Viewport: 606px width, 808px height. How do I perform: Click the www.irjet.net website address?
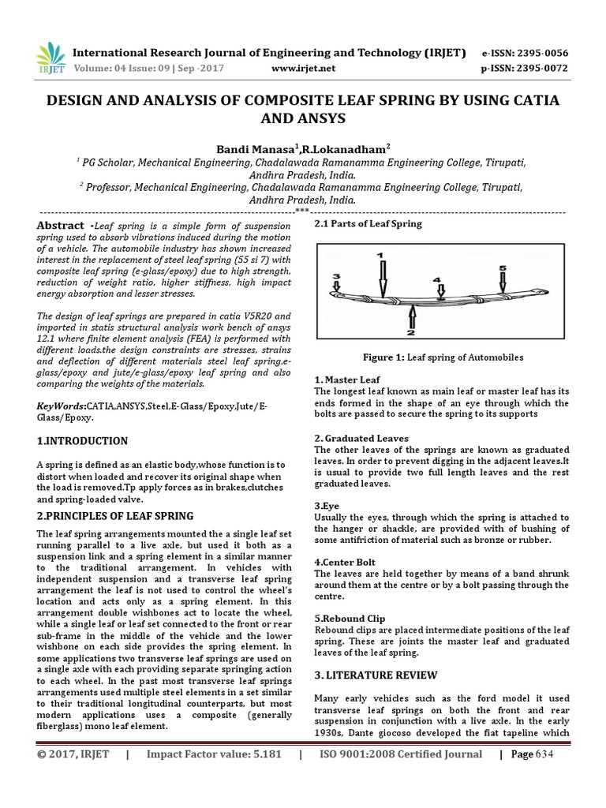304,69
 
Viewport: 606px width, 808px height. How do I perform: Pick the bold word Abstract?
60,226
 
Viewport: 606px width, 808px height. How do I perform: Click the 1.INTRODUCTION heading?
83,440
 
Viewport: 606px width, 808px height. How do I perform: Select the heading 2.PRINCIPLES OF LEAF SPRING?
115,516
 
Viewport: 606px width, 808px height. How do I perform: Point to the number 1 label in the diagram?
381,256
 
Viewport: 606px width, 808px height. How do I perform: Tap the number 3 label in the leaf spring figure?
336,276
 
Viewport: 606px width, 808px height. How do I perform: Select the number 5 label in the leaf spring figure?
503,268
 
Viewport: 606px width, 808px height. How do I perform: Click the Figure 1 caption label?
383,357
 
